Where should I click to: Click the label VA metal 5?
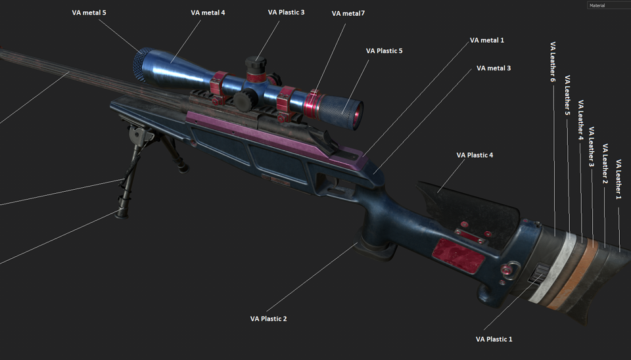tap(89, 12)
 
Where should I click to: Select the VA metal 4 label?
tap(208, 12)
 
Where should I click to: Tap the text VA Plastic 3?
tap(286, 12)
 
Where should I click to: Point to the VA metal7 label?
tap(348, 13)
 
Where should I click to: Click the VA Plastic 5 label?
tap(384, 51)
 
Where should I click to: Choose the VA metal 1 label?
tap(487, 40)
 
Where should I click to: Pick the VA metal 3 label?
tap(494, 68)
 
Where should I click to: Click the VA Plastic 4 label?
tap(475, 155)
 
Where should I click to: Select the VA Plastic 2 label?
tap(268, 319)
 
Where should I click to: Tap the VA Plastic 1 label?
tap(494, 339)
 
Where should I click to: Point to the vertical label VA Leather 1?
tap(619, 179)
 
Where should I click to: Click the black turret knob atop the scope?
tap(254, 64)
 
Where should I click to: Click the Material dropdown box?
tap(608, 5)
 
